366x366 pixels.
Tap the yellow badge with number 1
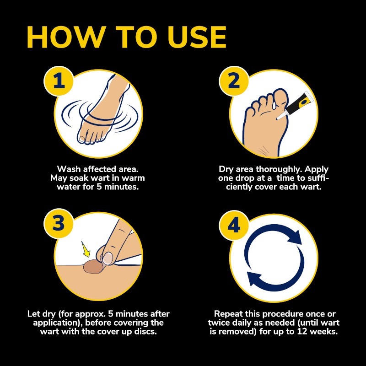[59, 81]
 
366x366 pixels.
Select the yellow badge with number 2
[234, 81]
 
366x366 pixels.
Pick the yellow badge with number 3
[59, 223]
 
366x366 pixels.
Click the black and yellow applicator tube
[295, 106]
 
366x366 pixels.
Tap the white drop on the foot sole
[273, 106]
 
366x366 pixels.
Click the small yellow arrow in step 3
[86, 249]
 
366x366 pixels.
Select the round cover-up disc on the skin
[93, 267]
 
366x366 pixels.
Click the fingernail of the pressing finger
[108, 258]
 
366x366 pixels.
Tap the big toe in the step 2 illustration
[281, 98]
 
